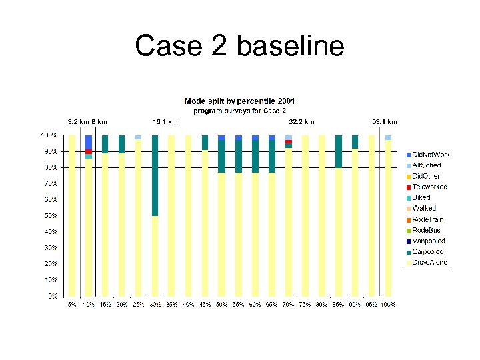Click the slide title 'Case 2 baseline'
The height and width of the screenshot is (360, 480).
[239, 47]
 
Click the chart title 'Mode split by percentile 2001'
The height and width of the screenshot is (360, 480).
[239, 101]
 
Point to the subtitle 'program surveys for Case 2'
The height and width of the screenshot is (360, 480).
[239, 111]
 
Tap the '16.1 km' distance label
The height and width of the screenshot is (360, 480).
[165, 122]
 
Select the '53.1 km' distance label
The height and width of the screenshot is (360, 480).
[385, 122]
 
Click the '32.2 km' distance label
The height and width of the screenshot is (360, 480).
[301, 122]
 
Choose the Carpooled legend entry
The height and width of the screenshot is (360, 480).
[427, 252]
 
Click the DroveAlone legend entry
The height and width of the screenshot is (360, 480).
[429, 263]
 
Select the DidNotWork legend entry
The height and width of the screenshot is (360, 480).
[431, 155]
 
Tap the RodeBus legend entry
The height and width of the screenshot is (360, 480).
[426, 230]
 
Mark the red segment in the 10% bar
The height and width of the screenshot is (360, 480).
[89, 151]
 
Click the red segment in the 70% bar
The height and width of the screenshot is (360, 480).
[289, 142]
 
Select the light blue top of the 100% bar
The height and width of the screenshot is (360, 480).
[389, 137]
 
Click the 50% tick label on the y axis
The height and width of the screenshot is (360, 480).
[49, 216]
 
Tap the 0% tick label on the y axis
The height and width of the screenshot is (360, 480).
[52, 296]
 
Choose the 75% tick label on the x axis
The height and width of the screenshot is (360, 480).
[305, 305]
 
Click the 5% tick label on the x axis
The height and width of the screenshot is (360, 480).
[71, 305]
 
